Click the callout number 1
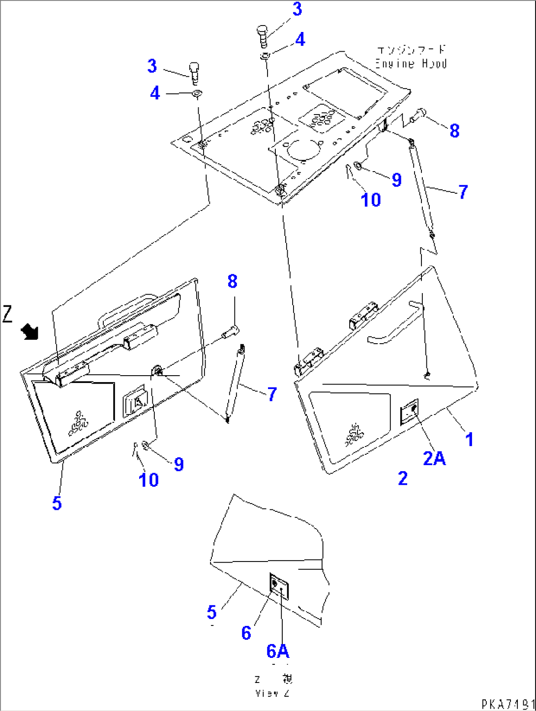[469, 439]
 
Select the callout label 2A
[434, 458]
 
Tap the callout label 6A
[278, 651]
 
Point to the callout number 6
[246, 633]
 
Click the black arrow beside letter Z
[30, 332]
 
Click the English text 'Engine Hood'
[411, 63]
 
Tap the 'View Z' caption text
[273, 693]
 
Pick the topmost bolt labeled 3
[263, 36]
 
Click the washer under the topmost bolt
[265, 56]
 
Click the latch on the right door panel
[409, 411]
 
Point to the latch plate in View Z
[279, 586]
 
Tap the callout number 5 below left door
[57, 503]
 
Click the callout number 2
[403, 478]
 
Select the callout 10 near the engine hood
[371, 200]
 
